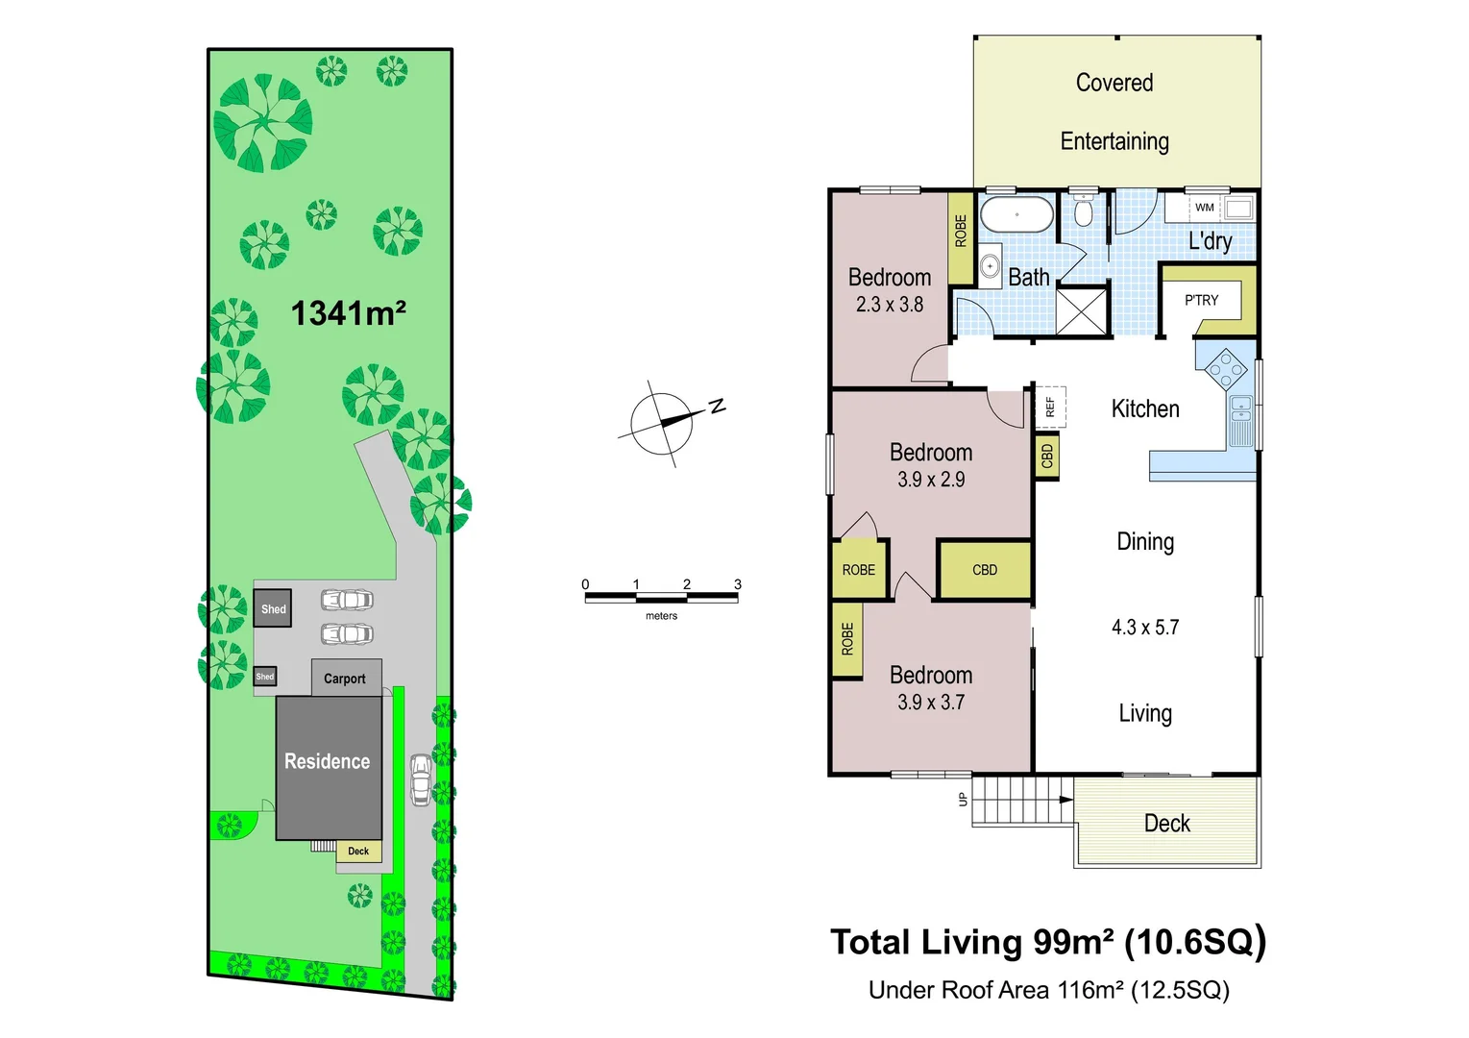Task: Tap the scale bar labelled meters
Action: (661, 598)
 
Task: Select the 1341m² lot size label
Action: (348, 313)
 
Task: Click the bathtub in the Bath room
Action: (1016, 214)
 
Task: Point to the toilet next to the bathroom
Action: (1084, 210)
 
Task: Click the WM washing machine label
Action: (1204, 208)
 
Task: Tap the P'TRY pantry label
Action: (1201, 300)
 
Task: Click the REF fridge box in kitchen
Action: (1050, 407)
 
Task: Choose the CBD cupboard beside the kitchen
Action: (1047, 457)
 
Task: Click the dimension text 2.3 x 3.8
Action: (890, 305)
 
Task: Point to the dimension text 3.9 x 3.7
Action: (931, 703)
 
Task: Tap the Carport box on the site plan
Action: (346, 678)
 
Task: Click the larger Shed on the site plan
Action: (273, 608)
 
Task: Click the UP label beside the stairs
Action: (963, 799)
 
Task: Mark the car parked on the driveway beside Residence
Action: (421, 778)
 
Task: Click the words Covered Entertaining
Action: (1114, 111)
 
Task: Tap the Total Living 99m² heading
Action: (1047, 942)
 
